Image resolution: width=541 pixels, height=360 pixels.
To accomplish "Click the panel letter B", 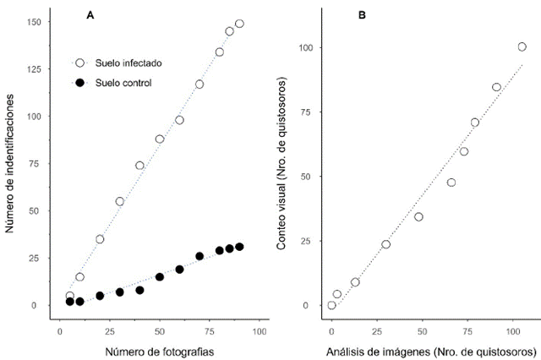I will (x=362, y=14).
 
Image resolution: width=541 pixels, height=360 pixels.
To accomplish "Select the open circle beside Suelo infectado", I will (x=80, y=63).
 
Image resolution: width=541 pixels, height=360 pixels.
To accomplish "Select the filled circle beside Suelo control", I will (x=80, y=83).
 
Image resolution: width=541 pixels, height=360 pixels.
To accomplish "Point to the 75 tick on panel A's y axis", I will (x=36, y=163).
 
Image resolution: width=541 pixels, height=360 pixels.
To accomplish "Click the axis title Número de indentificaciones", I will (x=11, y=162).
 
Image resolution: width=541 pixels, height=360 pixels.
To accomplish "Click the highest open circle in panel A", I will (x=239, y=24).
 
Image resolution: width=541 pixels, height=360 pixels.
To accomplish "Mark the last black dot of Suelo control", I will (x=239, y=247).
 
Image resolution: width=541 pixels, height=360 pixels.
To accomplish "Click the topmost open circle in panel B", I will (x=522, y=46).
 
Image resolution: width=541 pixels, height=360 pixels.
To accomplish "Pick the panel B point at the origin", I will (x=331, y=305).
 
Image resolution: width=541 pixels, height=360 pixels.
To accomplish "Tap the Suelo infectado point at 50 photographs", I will (x=159, y=139).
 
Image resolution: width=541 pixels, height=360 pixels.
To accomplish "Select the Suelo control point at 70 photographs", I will (x=199, y=256).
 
